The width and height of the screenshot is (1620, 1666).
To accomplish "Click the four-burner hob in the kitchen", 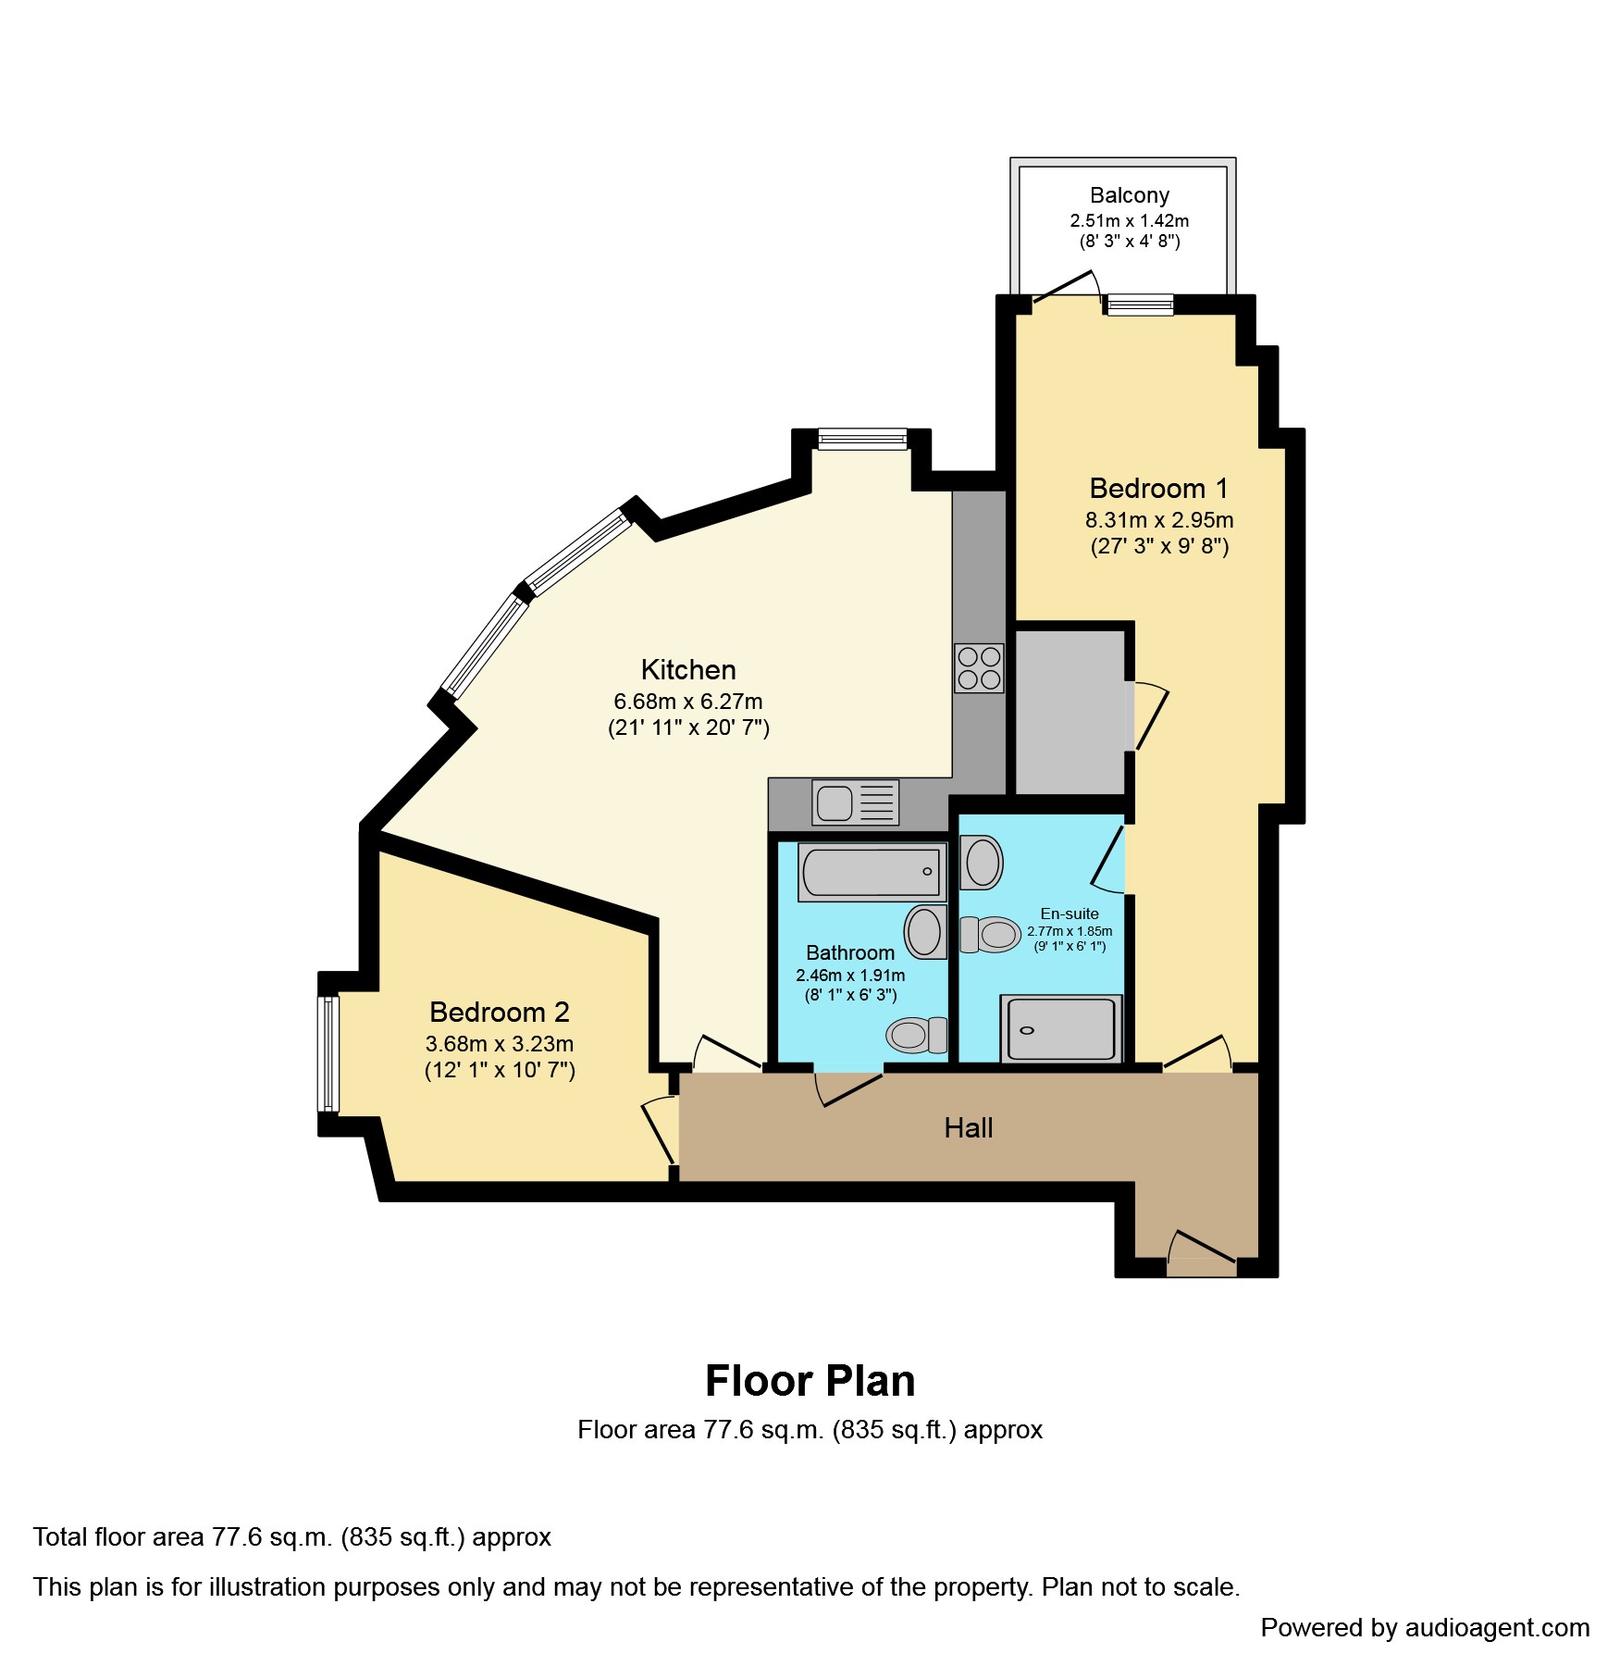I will [x=979, y=668].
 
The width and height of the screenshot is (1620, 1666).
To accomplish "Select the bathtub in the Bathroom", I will [x=872, y=872].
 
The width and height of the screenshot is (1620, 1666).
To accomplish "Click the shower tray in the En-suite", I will [x=1060, y=1028].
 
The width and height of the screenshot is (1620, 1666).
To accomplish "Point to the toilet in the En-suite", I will [x=990, y=935].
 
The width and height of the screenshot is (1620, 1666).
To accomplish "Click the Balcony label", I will [x=1129, y=195].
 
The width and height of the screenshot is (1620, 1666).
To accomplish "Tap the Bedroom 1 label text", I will [x=1158, y=489].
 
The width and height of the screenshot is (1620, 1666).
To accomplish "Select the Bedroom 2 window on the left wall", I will [x=328, y=1053].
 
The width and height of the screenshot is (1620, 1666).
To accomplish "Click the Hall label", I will [x=968, y=1127].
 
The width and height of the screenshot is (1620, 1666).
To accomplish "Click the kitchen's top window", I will [x=862, y=439].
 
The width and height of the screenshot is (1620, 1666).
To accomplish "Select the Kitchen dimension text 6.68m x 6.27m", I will [x=687, y=702].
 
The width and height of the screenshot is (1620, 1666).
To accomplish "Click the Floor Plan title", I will [x=810, y=1381].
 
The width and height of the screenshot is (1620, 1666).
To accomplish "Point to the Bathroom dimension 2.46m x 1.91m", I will [x=850, y=976].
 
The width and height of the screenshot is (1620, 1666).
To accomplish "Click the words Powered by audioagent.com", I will [x=1425, y=1628].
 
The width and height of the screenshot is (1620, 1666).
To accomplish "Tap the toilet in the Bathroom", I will [x=916, y=1035].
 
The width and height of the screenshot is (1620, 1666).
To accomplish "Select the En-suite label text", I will [x=1069, y=914].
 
